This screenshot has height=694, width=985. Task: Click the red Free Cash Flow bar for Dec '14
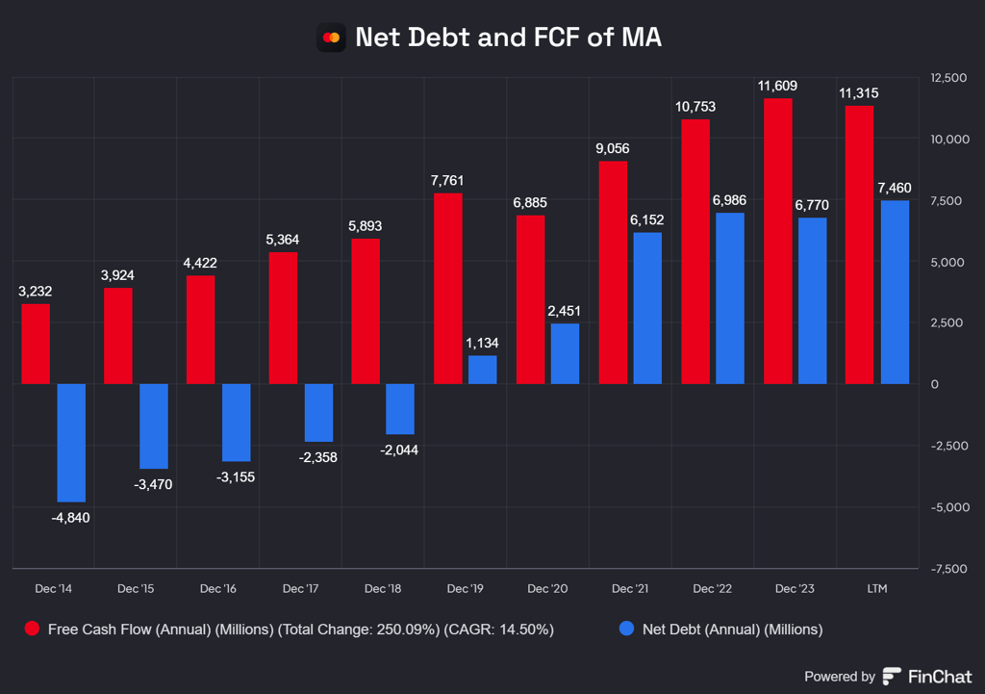tap(36, 344)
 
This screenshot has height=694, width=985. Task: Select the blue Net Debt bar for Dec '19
tap(483, 370)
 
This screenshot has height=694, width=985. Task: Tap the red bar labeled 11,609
tap(778, 241)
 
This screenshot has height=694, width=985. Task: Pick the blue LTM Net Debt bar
tap(895, 292)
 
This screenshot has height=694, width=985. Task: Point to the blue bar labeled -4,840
tap(71, 443)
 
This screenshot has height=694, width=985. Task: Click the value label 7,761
tap(448, 179)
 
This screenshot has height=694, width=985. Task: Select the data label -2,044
tap(399, 450)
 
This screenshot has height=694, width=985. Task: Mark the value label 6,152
tap(646, 219)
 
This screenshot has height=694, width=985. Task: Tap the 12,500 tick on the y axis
tap(947, 77)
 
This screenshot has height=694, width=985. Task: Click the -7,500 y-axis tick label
tap(947, 569)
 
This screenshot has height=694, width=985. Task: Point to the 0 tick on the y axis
tap(936, 384)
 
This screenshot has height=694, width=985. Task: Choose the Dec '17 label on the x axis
tap(301, 588)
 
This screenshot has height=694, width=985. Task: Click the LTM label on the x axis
tap(876, 588)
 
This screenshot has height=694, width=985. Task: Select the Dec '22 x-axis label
tap(712, 588)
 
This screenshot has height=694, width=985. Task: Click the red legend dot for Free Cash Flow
tap(32, 630)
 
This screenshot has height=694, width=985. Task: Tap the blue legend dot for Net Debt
tap(627, 630)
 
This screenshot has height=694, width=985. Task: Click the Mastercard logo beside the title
tap(331, 38)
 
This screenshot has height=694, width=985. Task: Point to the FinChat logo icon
tap(892, 676)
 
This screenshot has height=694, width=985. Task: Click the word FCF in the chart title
tap(557, 38)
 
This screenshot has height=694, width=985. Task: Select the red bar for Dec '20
tap(531, 299)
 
